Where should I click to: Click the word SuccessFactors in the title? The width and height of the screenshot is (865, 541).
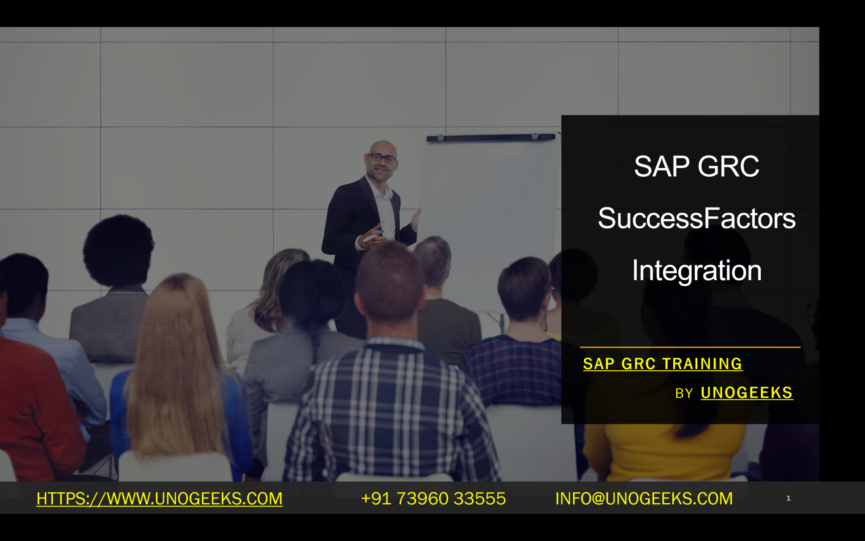696,219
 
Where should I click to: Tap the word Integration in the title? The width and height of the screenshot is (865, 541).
696,270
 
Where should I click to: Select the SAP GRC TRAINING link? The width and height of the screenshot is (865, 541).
662,364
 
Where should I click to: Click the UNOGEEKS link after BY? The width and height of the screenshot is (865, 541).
746,393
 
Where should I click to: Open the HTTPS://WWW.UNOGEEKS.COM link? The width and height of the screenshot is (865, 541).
159,499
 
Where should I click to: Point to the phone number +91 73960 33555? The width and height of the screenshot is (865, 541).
433,499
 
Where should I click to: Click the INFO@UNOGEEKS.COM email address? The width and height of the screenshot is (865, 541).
644,499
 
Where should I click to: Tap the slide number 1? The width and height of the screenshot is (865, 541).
788,498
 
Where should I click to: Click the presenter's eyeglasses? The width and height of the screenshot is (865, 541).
383,158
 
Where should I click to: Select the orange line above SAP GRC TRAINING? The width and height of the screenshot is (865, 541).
690,347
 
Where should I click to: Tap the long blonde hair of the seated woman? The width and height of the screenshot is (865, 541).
177,359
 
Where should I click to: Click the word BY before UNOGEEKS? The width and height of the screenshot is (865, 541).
684,394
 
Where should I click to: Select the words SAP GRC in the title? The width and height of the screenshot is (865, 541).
696,166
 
